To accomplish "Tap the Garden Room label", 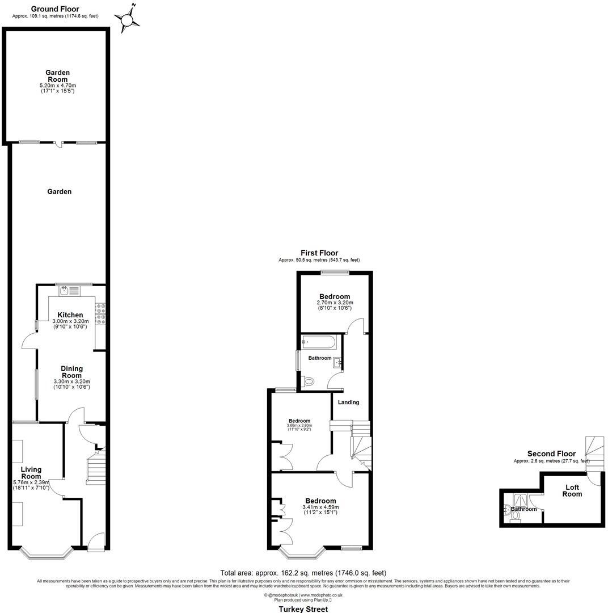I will [57, 76].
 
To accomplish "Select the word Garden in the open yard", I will [59, 192].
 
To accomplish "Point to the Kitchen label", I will [70, 315].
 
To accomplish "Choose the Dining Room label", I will [71, 372].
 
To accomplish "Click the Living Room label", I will [31, 473].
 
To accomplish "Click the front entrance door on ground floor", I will [96, 541].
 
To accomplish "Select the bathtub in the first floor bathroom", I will [318, 342].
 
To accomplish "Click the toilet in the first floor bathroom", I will [309, 383].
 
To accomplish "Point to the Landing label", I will [348, 402].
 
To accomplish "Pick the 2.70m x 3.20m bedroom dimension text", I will [335, 303].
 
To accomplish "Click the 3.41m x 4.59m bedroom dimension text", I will [320, 507].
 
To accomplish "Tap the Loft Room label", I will [572, 490].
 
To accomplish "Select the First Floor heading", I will [319, 253].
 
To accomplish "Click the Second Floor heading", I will [551, 454].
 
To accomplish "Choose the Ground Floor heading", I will [55, 9].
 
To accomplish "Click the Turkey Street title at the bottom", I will [303, 609].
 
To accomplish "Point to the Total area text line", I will [303, 573].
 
